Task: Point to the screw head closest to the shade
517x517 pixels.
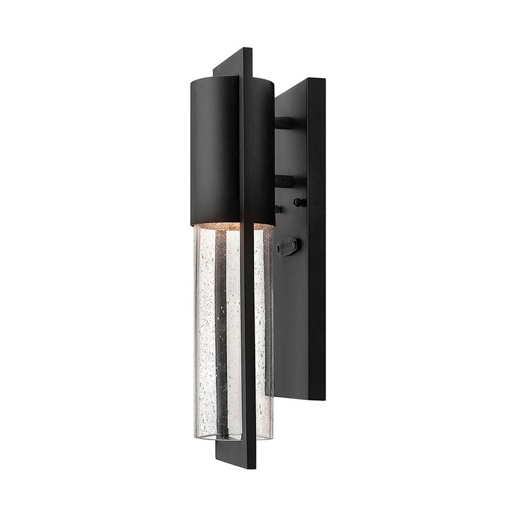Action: click(x=279, y=208)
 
